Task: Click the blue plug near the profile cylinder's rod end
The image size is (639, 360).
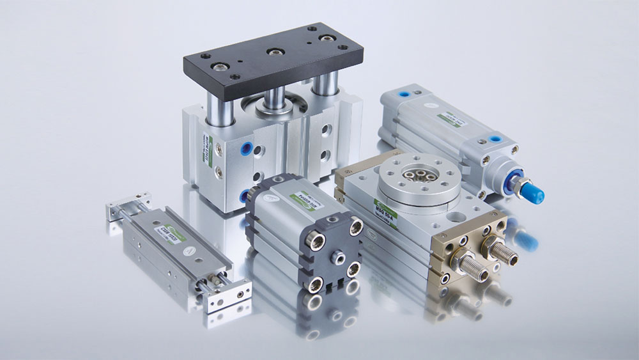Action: [496, 138]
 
